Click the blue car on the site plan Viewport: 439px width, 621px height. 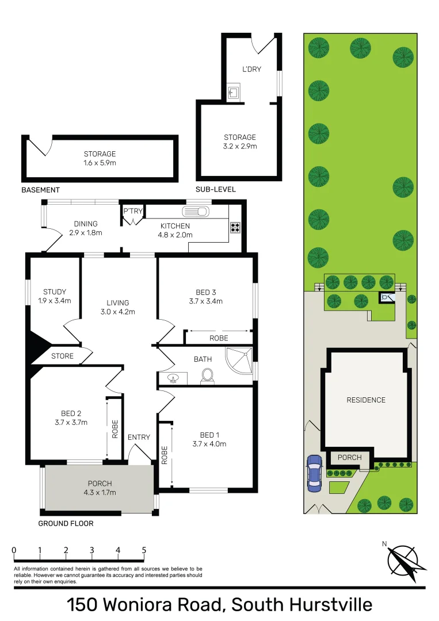click(x=314, y=473)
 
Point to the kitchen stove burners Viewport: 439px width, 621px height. click(x=235, y=227)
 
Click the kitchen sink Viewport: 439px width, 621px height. click(x=196, y=211)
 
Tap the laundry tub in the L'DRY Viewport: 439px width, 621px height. click(x=234, y=93)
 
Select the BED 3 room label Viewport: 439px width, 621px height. click(x=205, y=292)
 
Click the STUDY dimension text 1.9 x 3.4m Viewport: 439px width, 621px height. click(x=55, y=300)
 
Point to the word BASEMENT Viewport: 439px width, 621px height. click(x=40, y=190)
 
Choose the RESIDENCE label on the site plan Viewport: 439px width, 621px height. click(x=365, y=400)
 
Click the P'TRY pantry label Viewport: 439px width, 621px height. click(x=132, y=211)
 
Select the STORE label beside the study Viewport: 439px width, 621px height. click(x=62, y=356)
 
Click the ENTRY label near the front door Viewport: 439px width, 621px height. click(x=139, y=438)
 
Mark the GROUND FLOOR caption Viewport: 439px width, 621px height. click(x=66, y=523)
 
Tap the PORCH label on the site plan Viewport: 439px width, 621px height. click(x=349, y=458)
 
